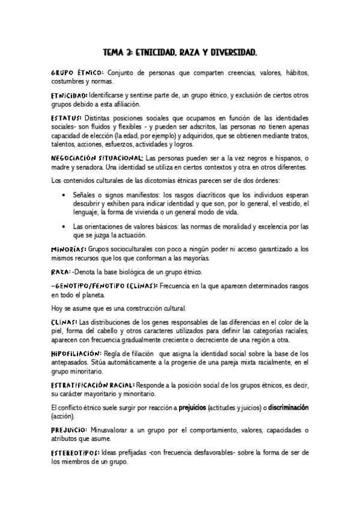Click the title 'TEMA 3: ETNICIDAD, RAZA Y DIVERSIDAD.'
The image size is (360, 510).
coord(180,53)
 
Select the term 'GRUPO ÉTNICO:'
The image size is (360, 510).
coord(78,72)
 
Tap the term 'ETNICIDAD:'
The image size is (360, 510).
coord(69,95)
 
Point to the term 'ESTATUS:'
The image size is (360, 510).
coord(67,117)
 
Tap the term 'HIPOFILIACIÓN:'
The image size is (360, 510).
coord(76,353)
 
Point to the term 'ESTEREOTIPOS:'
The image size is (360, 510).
coord(77,452)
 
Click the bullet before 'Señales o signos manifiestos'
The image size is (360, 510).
coord(64,195)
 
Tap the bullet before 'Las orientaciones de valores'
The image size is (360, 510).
coord(64,226)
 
